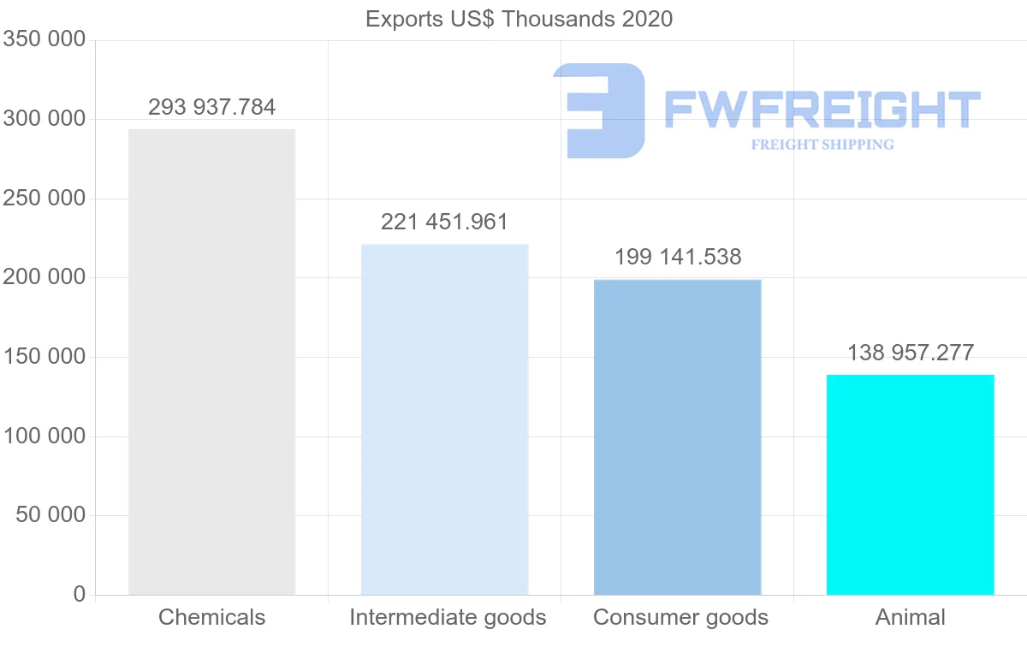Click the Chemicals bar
[x=211, y=361]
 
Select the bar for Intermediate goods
[x=444, y=419]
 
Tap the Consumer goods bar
[x=677, y=436]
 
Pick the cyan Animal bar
[x=910, y=484]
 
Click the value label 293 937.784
[x=211, y=107]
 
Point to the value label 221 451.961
[x=444, y=223]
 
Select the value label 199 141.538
[x=677, y=257]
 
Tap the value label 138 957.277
[x=910, y=353]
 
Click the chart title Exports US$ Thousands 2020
[x=519, y=19]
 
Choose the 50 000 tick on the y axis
[x=50, y=515]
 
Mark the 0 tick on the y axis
[x=80, y=594]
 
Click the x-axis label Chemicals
[x=211, y=617]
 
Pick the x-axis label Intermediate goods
[x=447, y=617]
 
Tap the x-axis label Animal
[x=910, y=617]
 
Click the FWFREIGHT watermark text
[x=822, y=110]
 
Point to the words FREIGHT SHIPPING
[x=822, y=145]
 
